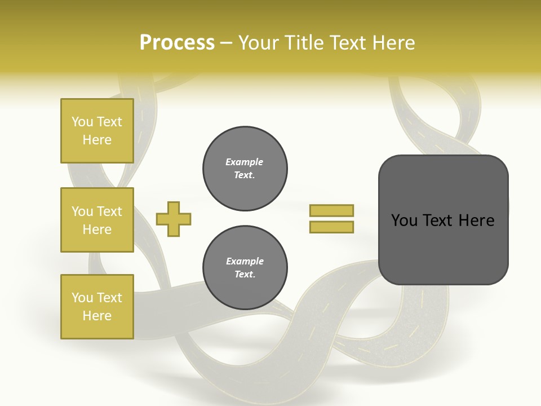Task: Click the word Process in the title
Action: [x=177, y=43]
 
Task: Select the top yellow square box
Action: [x=97, y=131]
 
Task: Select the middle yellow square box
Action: [x=97, y=220]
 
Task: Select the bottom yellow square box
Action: [x=97, y=306]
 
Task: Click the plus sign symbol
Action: [x=174, y=219]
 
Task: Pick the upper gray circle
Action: [x=245, y=169]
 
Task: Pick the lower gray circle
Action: [x=245, y=268]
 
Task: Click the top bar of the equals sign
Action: [x=332, y=211]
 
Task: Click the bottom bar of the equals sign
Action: [x=332, y=227]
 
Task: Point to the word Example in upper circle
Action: [x=244, y=162]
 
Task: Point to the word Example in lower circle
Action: [x=245, y=261]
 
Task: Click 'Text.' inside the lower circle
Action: [x=245, y=275]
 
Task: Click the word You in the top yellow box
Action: [x=82, y=122]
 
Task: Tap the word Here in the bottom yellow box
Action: [x=97, y=316]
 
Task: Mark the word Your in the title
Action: [x=260, y=43]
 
